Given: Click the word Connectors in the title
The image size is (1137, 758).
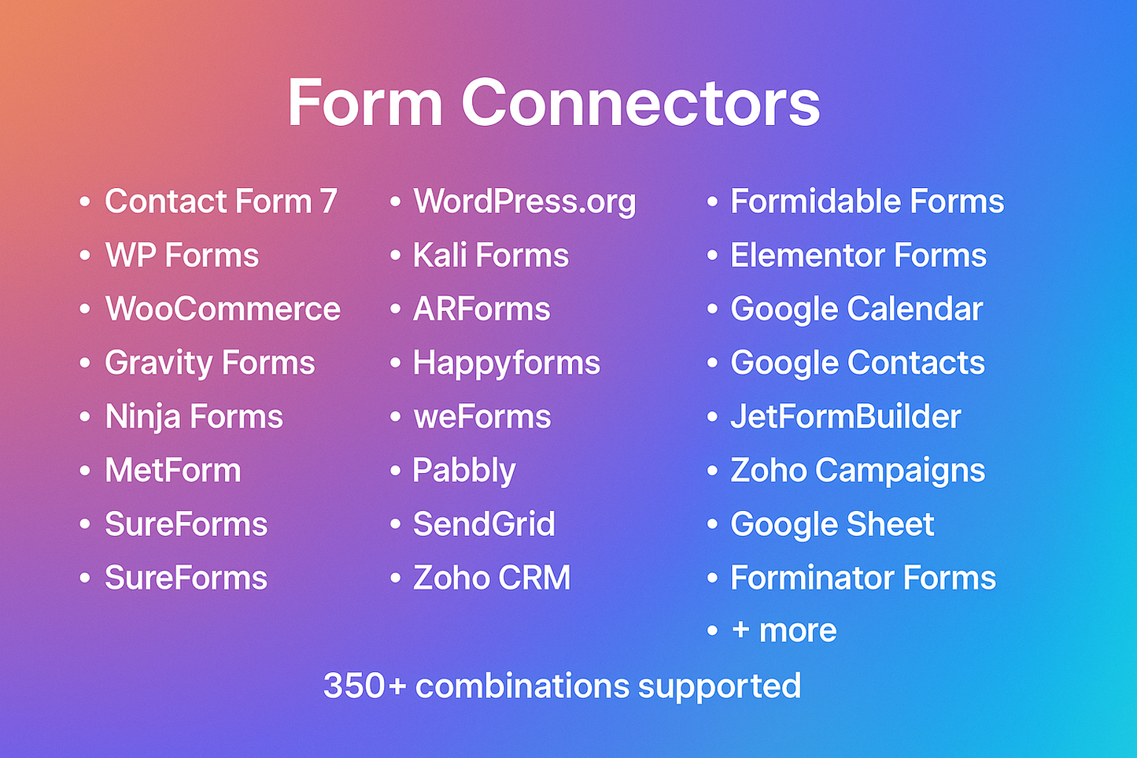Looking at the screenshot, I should pyautogui.click(x=640, y=103).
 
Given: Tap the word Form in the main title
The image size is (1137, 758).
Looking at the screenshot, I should pyautogui.click(x=364, y=103).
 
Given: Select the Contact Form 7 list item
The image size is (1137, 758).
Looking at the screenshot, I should pyautogui.click(x=220, y=202).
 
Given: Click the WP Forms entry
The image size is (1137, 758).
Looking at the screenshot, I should pyautogui.click(x=182, y=256).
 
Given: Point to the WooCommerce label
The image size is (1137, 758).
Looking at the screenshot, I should pyautogui.click(x=223, y=309).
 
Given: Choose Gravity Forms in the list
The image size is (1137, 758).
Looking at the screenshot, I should pyautogui.click(x=209, y=363).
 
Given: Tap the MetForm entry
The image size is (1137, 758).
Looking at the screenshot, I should pyautogui.click(x=173, y=471).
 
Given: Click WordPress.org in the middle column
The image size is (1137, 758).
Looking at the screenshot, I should pyautogui.click(x=524, y=202).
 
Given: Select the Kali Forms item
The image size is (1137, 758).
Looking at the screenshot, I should pyautogui.click(x=490, y=256).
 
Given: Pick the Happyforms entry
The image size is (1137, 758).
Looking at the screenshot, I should pyautogui.click(x=506, y=363).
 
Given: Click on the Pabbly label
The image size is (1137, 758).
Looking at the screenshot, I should pyautogui.click(x=464, y=471).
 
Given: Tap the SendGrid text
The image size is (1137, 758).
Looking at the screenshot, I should pyautogui.click(x=484, y=524).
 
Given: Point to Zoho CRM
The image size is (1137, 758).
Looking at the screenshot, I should pyautogui.click(x=492, y=578).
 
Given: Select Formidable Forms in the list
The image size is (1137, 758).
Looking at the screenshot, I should pyautogui.click(x=866, y=202).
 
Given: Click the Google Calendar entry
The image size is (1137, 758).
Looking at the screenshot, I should pyautogui.click(x=856, y=309).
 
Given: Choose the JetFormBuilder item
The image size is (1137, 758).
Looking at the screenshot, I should pyautogui.click(x=845, y=417).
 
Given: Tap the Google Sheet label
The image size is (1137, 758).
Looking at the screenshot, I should pyautogui.click(x=832, y=524).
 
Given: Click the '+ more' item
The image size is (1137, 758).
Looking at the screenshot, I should pyautogui.click(x=783, y=630).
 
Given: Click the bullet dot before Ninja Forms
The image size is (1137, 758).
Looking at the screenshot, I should pyautogui.click(x=85, y=417).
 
